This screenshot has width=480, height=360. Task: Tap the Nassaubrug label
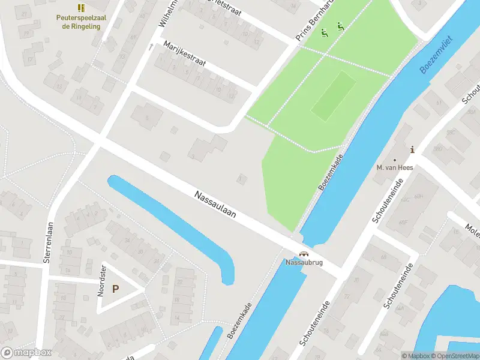[304, 263]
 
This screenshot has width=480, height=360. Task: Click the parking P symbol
[116, 289]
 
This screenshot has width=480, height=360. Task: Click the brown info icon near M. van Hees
[412, 149]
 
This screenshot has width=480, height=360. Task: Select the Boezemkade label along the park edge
[332, 171]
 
